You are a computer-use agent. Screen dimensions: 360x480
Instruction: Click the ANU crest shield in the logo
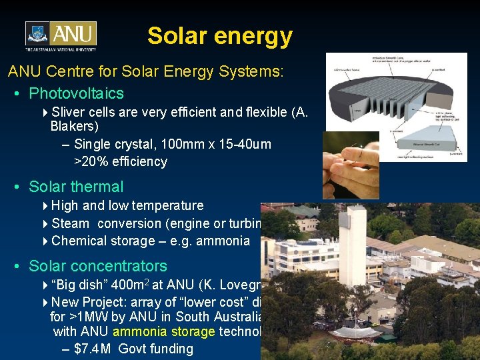click(38, 34)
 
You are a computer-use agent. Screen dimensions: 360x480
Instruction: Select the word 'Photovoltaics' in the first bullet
click(77, 93)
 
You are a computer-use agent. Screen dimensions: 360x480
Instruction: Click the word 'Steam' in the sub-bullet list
click(69, 223)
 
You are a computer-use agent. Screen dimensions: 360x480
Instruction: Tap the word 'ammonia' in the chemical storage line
click(226, 241)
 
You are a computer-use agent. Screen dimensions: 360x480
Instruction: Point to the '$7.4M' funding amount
click(93, 349)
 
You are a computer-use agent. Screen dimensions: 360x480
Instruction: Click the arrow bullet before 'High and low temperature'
click(45, 206)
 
